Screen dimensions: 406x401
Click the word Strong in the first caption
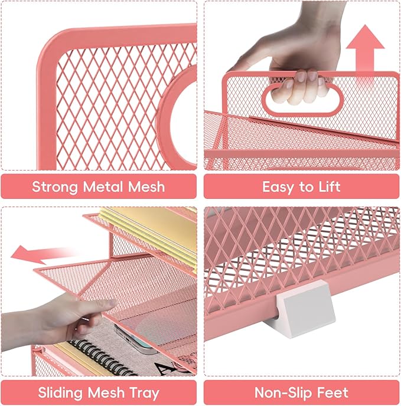55,188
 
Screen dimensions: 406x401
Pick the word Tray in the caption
144,392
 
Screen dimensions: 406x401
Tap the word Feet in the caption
332,392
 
